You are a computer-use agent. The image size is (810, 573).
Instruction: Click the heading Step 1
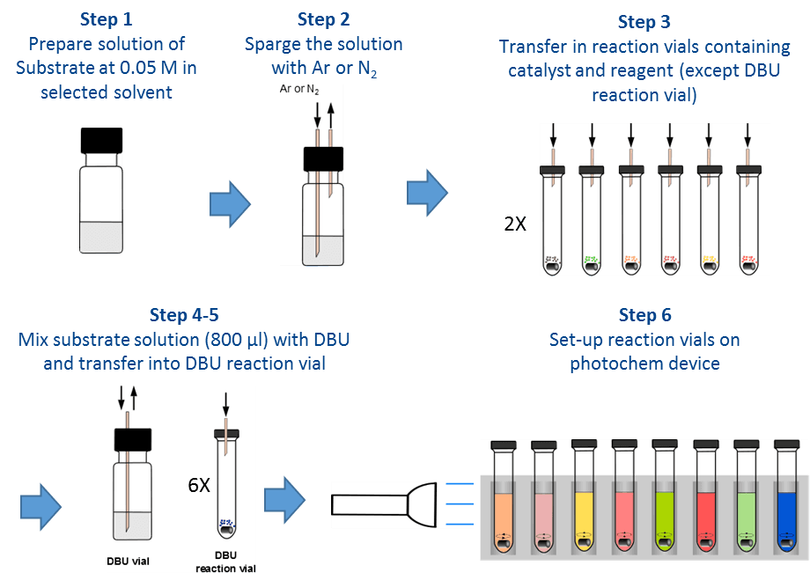106,19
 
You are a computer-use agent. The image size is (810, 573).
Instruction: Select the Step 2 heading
323,19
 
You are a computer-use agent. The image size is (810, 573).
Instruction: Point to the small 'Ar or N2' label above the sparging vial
298,90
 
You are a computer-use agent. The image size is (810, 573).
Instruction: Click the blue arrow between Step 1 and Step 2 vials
230,205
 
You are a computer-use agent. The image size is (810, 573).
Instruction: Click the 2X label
515,224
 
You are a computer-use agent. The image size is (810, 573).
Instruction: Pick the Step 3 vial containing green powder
593,220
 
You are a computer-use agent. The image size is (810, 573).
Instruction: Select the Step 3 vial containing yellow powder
709,220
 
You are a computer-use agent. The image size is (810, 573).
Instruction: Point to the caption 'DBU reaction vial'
226,561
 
